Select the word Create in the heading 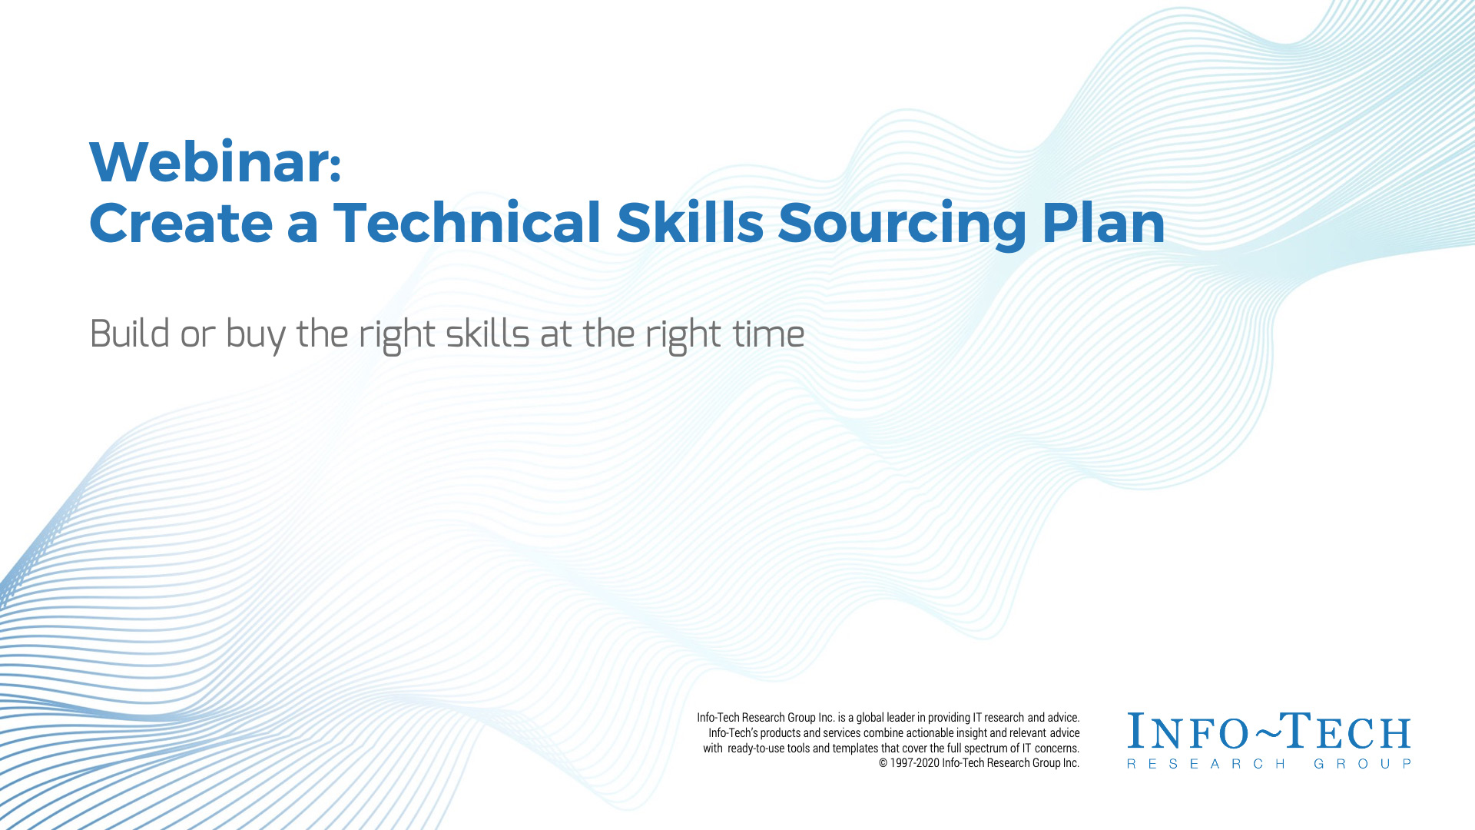coord(181,223)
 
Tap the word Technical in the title coord(467,223)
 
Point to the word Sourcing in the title coord(902,225)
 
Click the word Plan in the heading coord(1103,223)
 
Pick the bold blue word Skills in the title coord(690,223)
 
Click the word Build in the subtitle coord(129,334)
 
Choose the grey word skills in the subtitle coord(487,334)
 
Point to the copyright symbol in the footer coord(883,763)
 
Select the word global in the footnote coord(871,718)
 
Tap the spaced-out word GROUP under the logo coord(1363,764)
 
